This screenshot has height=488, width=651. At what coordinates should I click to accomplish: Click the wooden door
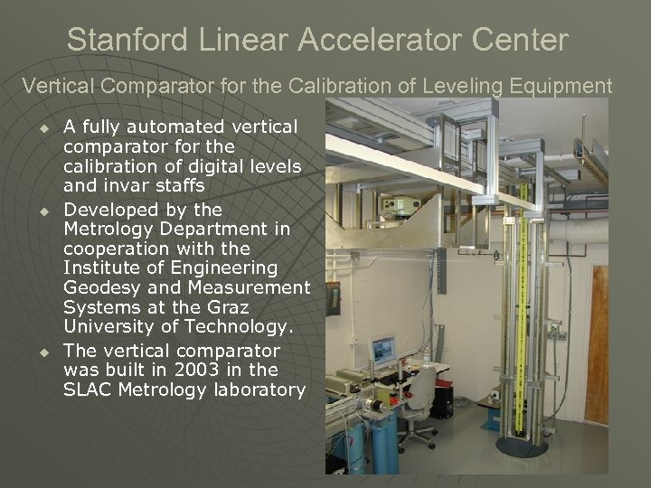point(597,343)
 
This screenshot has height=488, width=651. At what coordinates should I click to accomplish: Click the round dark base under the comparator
point(522,446)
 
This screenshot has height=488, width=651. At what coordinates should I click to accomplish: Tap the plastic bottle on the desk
point(425,359)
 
